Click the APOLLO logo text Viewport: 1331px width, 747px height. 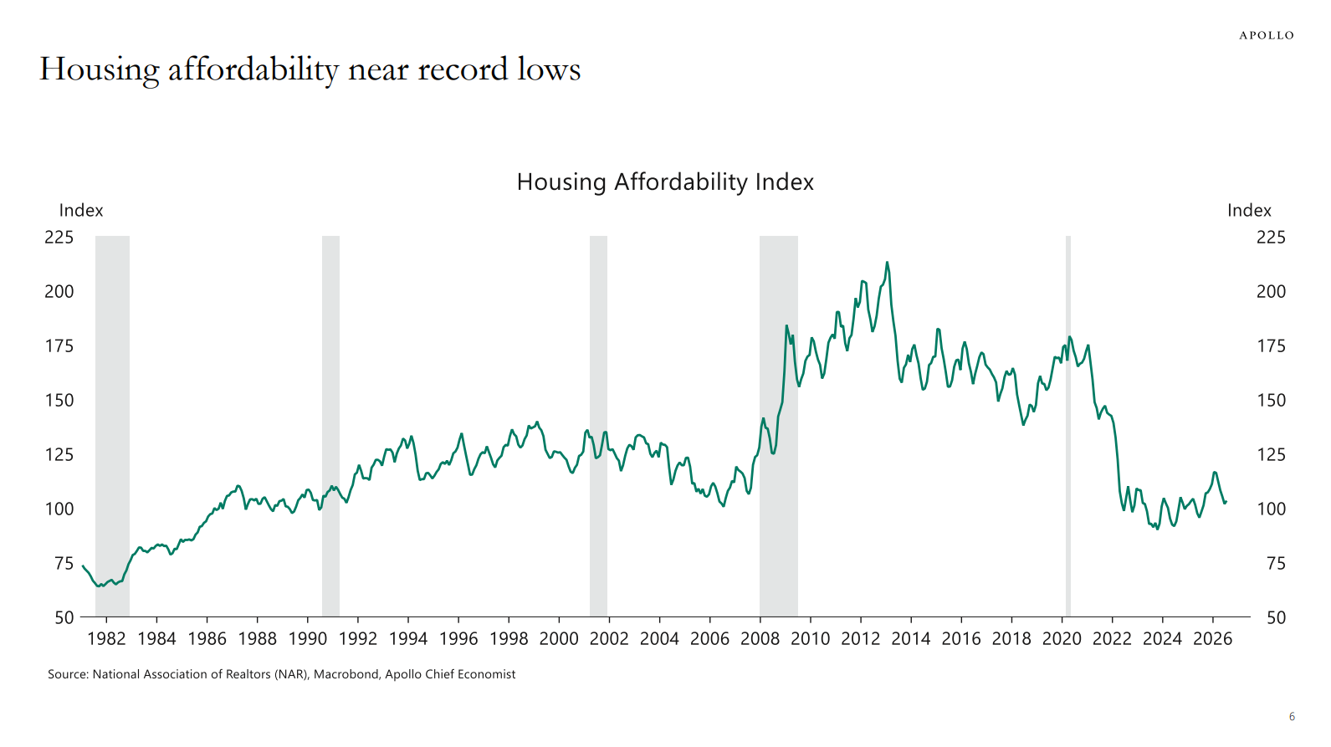(x=1267, y=36)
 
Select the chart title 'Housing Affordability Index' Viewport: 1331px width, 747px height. (x=665, y=182)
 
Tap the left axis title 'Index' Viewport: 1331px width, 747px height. (x=81, y=210)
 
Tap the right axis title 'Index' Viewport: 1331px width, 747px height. (x=1250, y=210)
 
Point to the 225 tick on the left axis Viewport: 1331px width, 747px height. (x=59, y=237)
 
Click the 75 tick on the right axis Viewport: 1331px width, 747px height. (x=1276, y=563)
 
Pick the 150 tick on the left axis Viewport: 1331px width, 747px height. (x=59, y=401)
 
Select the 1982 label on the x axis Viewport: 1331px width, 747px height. (x=106, y=639)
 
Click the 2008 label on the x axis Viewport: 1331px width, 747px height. (x=760, y=639)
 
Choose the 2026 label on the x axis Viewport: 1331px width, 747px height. (x=1213, y=639)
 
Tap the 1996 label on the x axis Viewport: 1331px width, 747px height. (x=458, y=639)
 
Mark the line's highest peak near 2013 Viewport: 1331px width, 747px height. (x=887, y=262)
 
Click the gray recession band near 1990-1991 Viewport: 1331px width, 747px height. (x=331, y=426)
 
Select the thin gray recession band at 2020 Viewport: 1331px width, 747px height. (x=1067, y=426)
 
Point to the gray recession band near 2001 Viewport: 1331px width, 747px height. (x=598, y=426)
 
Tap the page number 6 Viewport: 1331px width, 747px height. (x=1292, y=717)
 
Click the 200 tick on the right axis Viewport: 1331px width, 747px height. (x=1271, y=292)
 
